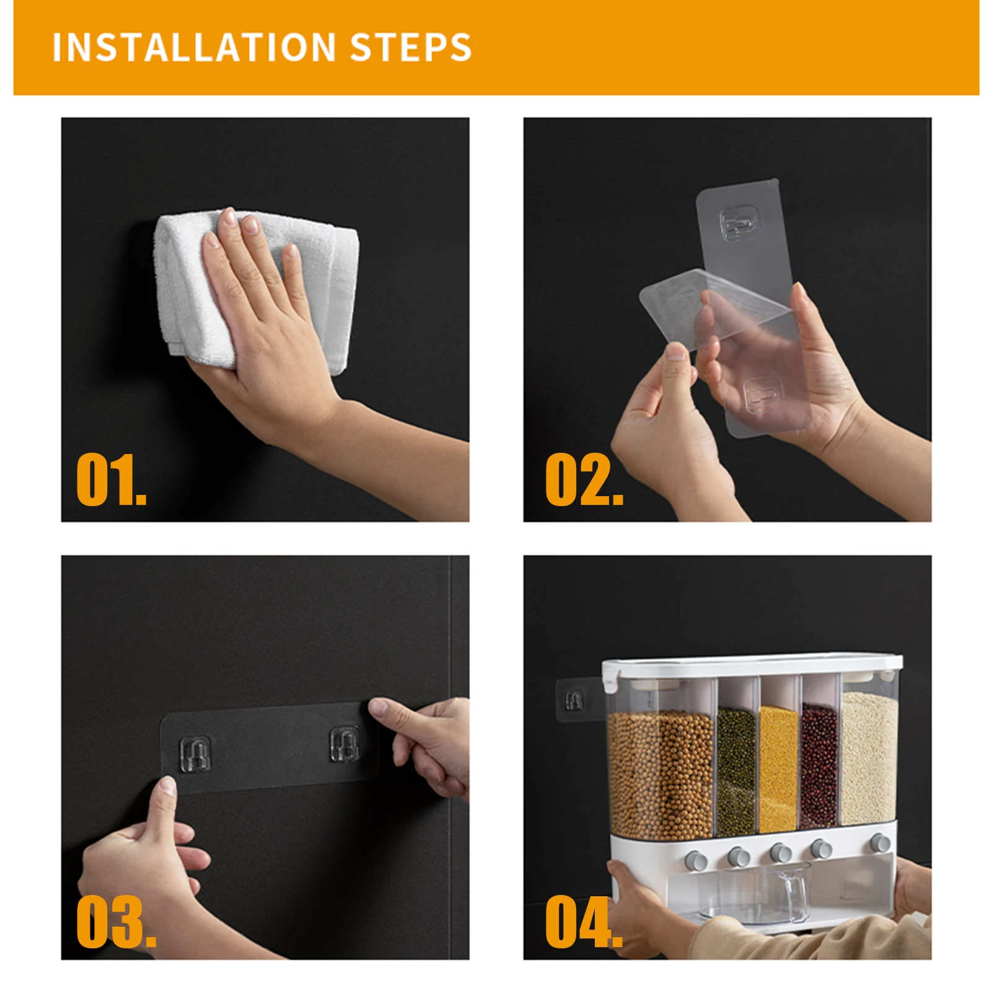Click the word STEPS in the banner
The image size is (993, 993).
coord(411,47)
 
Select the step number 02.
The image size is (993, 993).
coord(584,479)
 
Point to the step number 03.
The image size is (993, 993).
coord(116,921)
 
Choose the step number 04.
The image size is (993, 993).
coord(584,921)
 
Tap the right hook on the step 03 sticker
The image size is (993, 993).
coord(344,744)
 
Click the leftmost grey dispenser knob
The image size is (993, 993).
coord(696,861)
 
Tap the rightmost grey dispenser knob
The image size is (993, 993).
coord(879,843)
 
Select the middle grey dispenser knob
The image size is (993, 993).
coord(780,853)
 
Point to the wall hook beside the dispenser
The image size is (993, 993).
coord(574,701)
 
